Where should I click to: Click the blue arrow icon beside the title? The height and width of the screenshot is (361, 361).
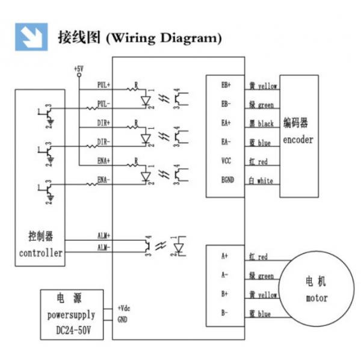tap(32, 37)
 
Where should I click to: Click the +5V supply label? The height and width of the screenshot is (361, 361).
tap(78, 69)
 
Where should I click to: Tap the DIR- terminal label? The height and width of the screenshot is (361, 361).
tap(103, 142)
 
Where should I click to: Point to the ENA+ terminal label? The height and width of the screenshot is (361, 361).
tap(103, 161)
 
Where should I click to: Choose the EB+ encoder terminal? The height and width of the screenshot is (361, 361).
tap(226, 85)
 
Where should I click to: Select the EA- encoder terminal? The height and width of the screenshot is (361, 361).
tap(226, 142)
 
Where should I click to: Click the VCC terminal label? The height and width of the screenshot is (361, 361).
tap(226, 161)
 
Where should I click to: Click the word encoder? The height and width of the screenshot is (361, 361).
tap(299, 141)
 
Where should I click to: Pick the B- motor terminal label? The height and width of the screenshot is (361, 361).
tap(224, 313)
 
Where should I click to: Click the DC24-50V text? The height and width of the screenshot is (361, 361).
tap(71, 331)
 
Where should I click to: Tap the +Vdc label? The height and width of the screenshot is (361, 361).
tap(123, 307)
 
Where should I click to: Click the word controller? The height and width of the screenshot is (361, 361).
tap(40, 253)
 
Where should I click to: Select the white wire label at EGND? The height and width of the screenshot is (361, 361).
tap(259, 180)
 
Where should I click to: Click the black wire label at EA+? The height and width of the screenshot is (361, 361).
tap(261, 123)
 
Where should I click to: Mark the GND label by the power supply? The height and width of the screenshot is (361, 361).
tap(122, 318)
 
